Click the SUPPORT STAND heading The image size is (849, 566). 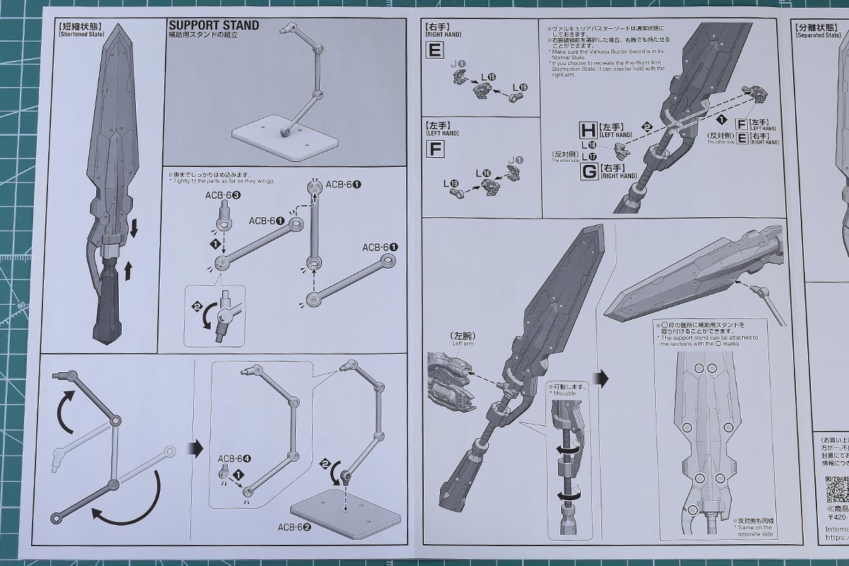[213, 25]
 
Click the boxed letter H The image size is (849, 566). [588, 129]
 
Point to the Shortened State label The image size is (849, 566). [79, 33]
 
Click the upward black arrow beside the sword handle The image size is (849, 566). [128, 270]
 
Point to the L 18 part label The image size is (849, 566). [589, 144]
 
